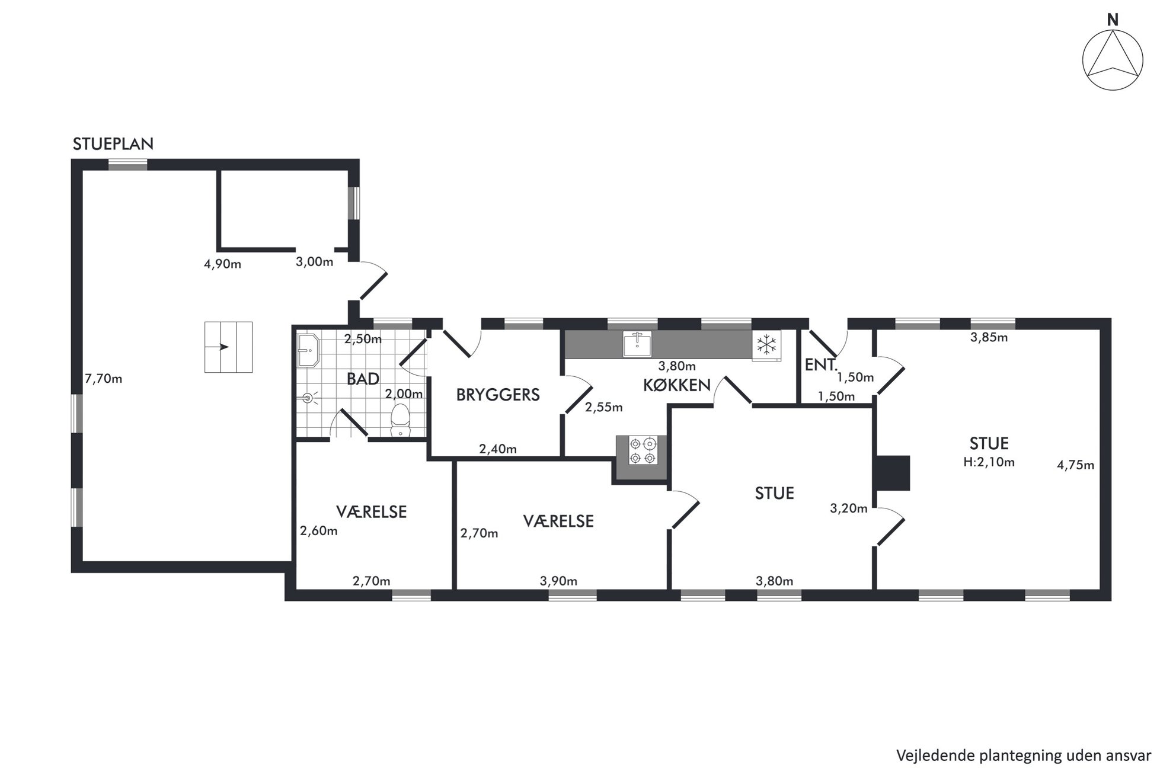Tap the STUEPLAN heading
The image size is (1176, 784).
(x=113, y=144)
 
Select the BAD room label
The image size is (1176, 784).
(x=363, y=379)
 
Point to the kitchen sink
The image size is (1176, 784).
(x=637, y=345)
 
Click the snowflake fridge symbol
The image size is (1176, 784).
(x=767, y=345)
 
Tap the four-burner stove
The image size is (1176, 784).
(x=643, y=451)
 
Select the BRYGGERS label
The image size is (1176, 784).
(x=498, y=395)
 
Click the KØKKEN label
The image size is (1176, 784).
(x=677, y=385)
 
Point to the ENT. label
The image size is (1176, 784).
(x=821, y=364)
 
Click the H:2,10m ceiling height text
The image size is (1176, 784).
(x=989, y=462)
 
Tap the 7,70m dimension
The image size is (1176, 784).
(x=104, y=379)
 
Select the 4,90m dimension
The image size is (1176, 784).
(x=223, y=264)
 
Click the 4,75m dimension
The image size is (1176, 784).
(x=1076, y=465)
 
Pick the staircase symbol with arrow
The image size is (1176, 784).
(x=229, y=347)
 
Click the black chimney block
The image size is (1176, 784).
(x=893, y=473)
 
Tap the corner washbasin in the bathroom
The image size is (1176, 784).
(x=308, y=350)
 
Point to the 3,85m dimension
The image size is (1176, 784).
(x=989, y=338)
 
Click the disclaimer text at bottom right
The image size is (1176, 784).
(x=1024, y=756)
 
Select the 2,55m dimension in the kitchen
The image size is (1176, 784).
(x=604, y=407)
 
